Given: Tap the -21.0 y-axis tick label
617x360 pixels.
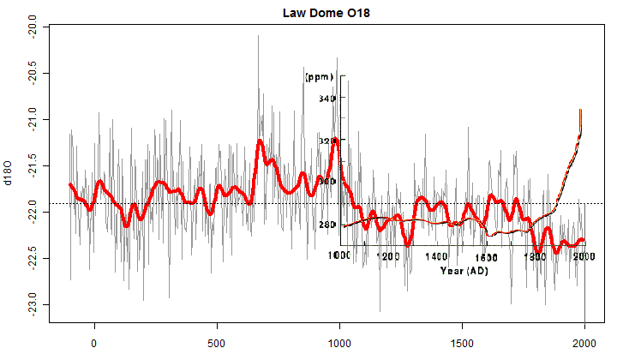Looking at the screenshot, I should (x=32, y=119).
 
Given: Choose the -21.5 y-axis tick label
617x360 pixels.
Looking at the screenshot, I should (x=32, y=165).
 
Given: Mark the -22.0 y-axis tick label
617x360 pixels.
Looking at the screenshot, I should (x=32, y=212).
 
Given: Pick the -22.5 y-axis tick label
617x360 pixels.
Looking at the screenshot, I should (x=32, y=258).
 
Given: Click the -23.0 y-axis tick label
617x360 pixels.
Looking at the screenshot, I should (x=32, y=305).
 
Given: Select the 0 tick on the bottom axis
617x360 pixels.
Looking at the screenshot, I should (x=94, y=339).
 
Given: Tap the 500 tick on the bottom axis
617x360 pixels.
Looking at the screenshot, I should (x=217, y=339).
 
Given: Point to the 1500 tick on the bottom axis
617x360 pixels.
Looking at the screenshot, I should (x=462, y=339).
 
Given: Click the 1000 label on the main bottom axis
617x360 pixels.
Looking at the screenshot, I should (x=339, y=339).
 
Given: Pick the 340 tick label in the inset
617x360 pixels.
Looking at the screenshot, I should (x=327, y=99).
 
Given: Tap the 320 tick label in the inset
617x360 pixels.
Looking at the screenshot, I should (x=327, y=141).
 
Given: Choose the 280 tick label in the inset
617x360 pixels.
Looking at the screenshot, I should (x=327, y=225).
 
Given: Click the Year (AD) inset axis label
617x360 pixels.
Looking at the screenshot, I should (x=464, y=271).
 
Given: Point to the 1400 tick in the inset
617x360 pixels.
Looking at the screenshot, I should (x=437, y=256).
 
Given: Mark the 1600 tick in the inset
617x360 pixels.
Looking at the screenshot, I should (x=486, y=256).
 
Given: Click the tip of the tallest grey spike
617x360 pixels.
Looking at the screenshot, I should (x=258, y=36).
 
